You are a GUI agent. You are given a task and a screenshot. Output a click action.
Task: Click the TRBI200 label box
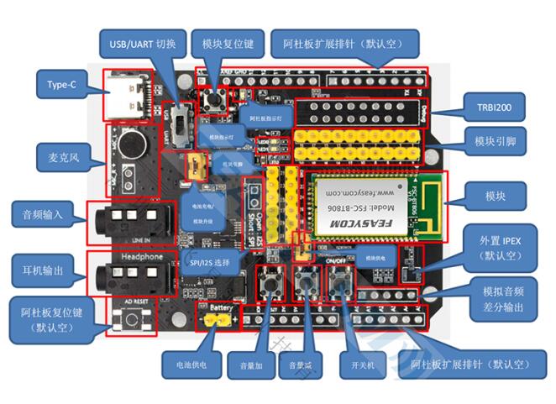coord(494,108)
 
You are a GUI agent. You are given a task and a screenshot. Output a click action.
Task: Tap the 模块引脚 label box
coord(494,143)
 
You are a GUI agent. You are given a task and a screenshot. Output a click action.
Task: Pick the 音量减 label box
coord(300,366)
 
